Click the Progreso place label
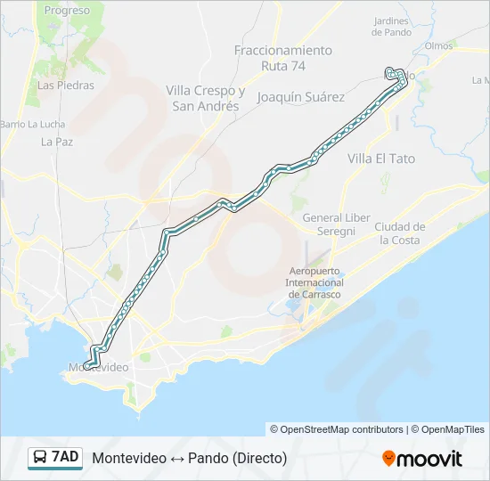coord(67,11)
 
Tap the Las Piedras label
coord(60,86)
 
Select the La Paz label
coord(56,141)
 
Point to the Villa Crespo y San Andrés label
coord(206,98)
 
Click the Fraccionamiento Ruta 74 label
coord(283,58)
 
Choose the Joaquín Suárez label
coord(300,96)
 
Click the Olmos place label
coord(439,45)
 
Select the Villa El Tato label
coord(380,159)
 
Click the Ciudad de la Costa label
coord(399,232)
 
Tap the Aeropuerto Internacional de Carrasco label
coord(314,282)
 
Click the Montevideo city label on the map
coord(98,367)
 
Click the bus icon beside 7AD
coord(40,458)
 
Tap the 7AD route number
coord(65,458)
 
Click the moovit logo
coord(422,458)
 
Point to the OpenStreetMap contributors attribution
coord(337,429)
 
